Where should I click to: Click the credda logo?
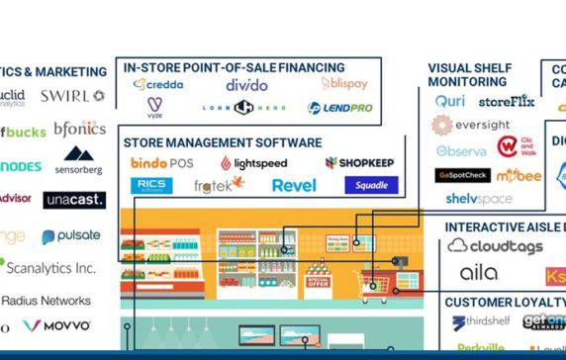158,85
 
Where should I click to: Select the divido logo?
246,85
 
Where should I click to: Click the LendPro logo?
340,108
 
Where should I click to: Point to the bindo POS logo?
161,162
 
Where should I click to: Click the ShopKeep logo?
360,162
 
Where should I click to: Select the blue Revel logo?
293,185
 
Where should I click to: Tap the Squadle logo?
371,185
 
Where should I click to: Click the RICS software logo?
151,185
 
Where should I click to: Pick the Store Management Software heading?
223,142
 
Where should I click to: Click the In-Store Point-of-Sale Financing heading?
235,67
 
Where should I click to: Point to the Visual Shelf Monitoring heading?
469,75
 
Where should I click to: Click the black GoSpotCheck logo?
462,175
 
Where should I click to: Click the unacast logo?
73,200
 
